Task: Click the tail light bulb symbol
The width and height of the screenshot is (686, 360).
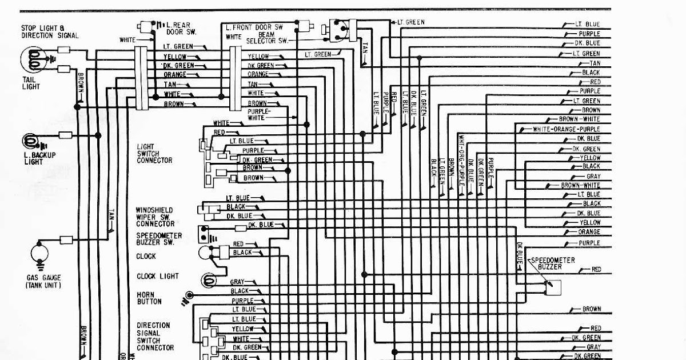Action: (34, 59)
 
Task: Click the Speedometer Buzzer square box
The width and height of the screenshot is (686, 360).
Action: (553, 287)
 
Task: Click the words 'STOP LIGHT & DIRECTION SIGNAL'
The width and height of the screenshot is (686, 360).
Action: (50, 31)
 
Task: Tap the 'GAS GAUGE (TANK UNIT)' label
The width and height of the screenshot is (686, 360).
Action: (43, 281)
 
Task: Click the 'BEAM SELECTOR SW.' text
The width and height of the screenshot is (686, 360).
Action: (268, 38)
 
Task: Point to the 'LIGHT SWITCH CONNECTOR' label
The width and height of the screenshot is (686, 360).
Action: (154, 154)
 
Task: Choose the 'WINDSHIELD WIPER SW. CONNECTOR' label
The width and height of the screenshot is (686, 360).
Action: (155, 217)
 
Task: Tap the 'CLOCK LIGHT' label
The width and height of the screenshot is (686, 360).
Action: (157, 276)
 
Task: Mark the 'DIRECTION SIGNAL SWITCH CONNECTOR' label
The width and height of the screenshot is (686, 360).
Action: (155, 336)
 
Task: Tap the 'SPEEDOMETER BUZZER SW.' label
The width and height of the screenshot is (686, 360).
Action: (158, 239)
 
